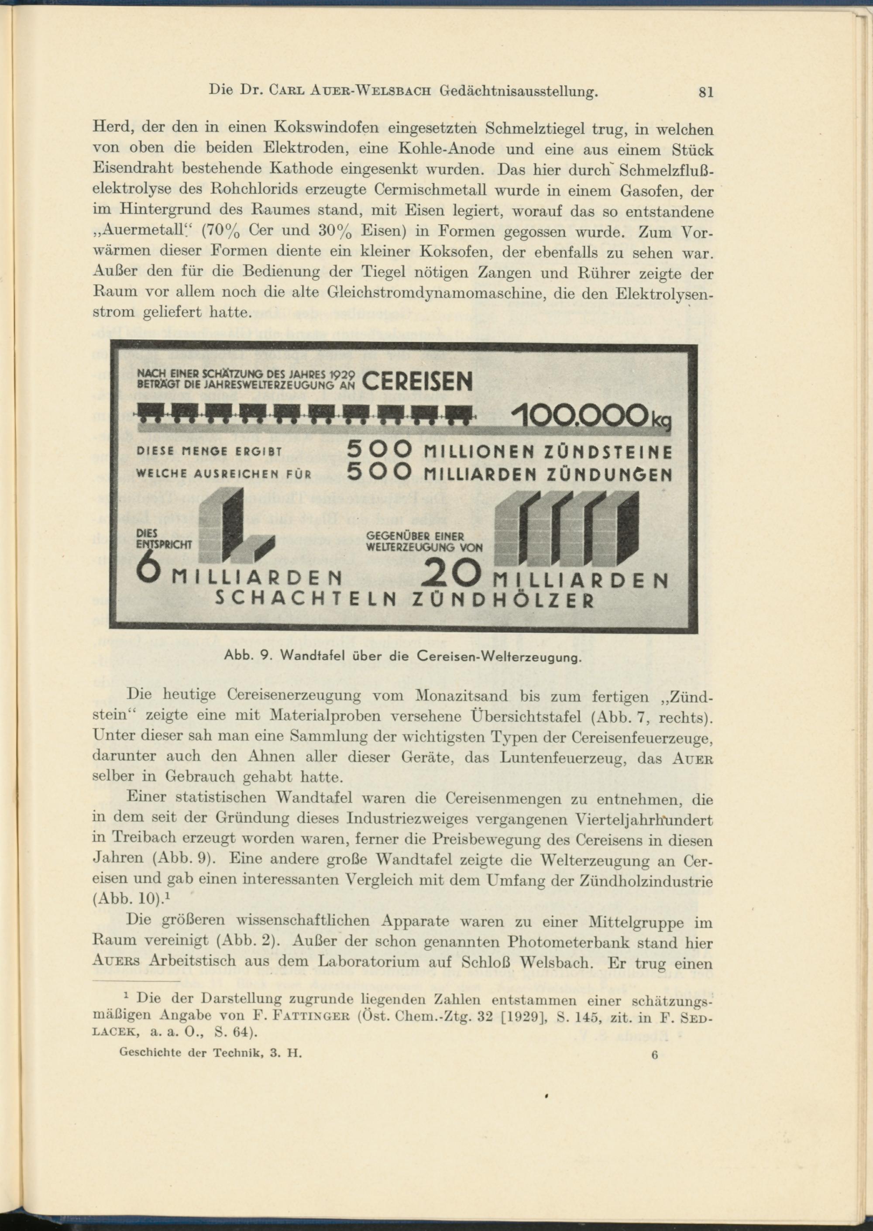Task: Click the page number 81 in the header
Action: (705, 93)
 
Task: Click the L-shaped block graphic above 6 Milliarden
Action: (235, 526)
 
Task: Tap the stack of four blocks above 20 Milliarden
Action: (567, 530)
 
